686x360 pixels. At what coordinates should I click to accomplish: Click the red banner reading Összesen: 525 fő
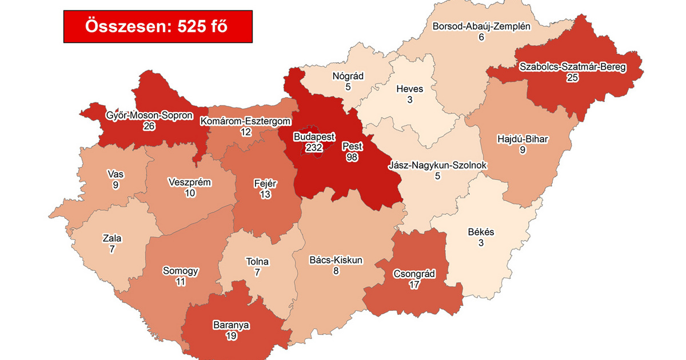click(158, 26)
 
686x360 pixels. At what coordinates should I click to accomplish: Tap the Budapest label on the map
click(314, 137)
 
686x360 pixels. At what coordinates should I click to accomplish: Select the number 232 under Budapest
click(314, 147)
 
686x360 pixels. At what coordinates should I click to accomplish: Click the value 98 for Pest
click(352, 157)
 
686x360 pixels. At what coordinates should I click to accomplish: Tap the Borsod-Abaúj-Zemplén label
click(482, 26)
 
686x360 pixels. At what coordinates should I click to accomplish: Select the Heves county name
click(410, 89)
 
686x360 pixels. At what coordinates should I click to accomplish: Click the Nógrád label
click(348, 76)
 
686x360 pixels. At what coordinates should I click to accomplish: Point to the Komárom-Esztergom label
click(246, 121)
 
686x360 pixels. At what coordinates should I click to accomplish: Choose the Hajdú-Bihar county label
click(522, 139)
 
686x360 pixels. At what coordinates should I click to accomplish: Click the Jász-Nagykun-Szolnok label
click(437, 166)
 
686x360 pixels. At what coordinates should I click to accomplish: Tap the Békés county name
click(481, 233)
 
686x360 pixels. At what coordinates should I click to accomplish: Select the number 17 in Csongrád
click(414, 284)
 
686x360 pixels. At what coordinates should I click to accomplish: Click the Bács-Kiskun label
click(336, 261)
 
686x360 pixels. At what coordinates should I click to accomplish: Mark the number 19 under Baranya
click(231, 336)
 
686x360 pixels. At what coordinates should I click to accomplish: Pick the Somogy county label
click(181, 271)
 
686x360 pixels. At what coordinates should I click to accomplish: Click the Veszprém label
click(190, 183)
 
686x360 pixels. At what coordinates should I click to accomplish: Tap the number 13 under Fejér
click(265, 194)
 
